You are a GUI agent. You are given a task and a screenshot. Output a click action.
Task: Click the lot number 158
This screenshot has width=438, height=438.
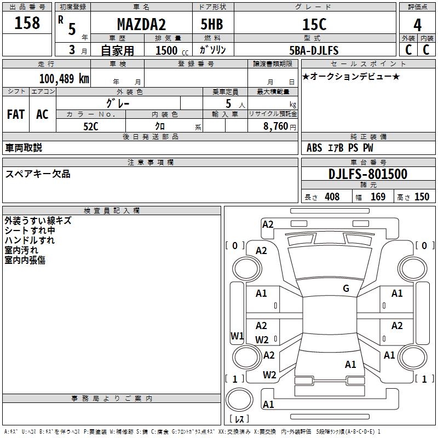click(x=27, y=23)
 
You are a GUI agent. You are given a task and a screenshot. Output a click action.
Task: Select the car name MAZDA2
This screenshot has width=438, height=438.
click(x=141, y=24)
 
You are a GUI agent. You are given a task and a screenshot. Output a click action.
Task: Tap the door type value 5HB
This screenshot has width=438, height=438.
click(x=212, y=24)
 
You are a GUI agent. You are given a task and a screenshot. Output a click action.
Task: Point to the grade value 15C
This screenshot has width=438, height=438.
click(x=314, y=24)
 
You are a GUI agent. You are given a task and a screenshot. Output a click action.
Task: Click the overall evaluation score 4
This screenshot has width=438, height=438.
click(x=417, y=25)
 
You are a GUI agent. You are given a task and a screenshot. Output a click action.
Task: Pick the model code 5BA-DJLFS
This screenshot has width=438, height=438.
click(x=314, y=50)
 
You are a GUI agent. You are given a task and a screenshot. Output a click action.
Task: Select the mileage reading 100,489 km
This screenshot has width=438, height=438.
click(x=64, y=79)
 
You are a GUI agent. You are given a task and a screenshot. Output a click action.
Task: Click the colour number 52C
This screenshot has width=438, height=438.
click(x=91, y=126)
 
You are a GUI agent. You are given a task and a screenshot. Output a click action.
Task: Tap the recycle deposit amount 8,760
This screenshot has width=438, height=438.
click(x=275, y=126)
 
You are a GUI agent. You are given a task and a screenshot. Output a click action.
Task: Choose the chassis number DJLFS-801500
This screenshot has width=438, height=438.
click(x=368, y=174)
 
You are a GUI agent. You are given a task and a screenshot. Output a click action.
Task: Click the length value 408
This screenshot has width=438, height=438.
click(x=332, y=197)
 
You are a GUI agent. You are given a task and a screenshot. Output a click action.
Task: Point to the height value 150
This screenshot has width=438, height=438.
click(x=422, y=197)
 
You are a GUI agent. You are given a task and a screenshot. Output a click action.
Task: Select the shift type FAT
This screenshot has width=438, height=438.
click(x=16, y=114)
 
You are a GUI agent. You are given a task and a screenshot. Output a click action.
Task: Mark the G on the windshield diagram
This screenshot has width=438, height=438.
click(x=346, y=289)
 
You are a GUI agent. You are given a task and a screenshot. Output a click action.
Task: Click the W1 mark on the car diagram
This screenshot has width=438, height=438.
click(x=237, y=336)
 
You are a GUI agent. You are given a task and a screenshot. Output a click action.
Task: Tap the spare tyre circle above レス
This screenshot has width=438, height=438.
click(x=239, y=400)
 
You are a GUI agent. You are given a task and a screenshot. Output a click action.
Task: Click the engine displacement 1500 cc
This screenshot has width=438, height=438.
click(x=172, y=50)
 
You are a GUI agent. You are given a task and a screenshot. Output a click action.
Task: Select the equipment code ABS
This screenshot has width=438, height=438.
click(x=314, y=148)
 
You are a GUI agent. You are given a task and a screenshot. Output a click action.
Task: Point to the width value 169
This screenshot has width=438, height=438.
click(x=378, y=197)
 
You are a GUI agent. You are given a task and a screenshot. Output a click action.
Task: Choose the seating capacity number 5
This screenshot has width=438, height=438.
click(x=228, y=103)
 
